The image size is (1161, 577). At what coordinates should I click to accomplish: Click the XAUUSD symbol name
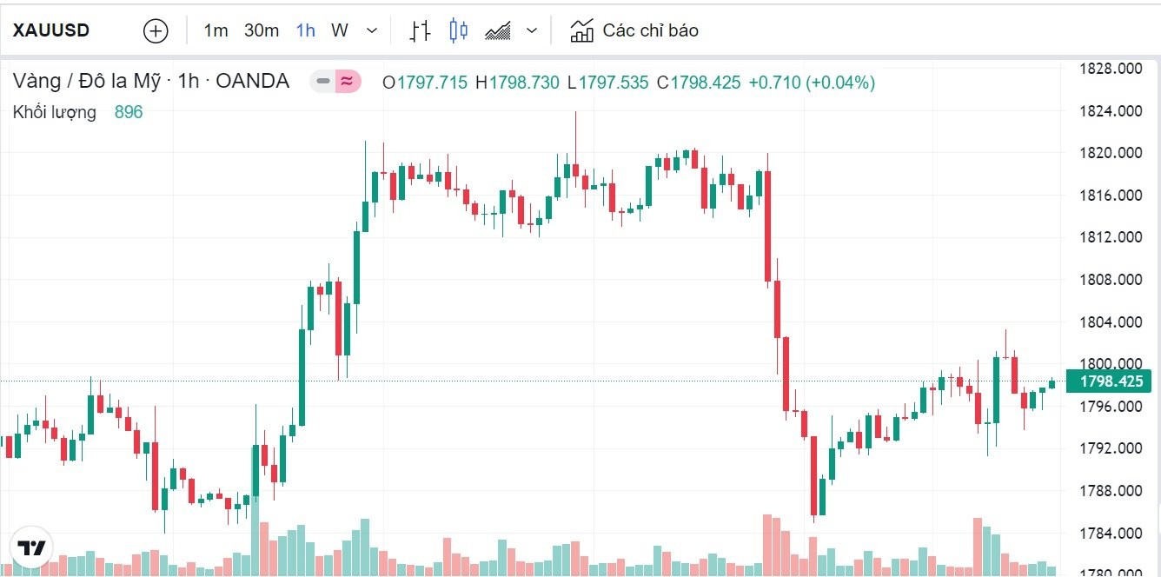(51, 30)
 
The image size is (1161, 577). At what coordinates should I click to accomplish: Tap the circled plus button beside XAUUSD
(155, 31)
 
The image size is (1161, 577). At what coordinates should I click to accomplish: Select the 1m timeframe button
(216, 31)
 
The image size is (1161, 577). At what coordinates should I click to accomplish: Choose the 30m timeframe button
(262, 31)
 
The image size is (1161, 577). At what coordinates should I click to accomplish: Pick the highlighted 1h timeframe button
(305, 31)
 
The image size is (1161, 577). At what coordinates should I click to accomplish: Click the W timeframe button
(340, 31)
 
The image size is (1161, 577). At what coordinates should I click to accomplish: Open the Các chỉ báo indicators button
(634, 31)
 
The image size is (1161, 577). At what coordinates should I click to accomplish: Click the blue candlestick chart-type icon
(458, 31)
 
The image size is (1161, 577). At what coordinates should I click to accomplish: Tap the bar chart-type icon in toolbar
(421, 31)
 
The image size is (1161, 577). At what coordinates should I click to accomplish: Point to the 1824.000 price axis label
(1110, 111)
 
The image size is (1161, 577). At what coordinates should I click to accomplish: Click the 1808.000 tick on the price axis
(1110, 280)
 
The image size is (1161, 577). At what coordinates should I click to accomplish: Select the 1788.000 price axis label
(1110, 491)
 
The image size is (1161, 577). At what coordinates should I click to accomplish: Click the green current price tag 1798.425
(1109, 381)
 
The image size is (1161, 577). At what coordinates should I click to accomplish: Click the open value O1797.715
(425, 83)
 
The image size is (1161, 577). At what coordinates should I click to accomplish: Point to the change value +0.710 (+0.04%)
(812, 83)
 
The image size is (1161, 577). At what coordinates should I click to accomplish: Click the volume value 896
(129, 112)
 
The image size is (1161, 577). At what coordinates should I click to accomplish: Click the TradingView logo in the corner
(32, 548)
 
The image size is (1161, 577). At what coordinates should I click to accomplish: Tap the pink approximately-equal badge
(347, 82)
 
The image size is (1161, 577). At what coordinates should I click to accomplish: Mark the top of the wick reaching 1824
(575, 112)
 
